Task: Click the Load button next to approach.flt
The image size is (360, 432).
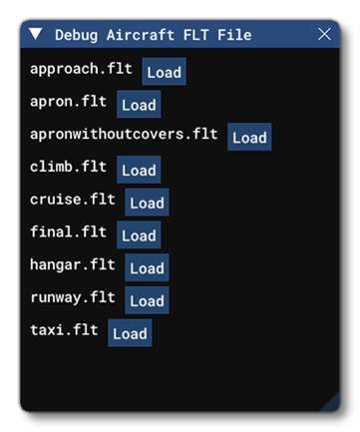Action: click(x=164, y=72)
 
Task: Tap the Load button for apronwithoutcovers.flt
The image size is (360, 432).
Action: click(x=249, y=138)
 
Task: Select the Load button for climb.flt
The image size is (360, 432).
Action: click(x=139, y=171)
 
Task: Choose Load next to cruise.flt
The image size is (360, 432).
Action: click(x=147, y=203)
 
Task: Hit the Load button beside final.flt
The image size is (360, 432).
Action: click(x=139, y=235)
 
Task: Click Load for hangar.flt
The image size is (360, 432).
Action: click(x=147, y=267)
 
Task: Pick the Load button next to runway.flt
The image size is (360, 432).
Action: click(x=147, y=300)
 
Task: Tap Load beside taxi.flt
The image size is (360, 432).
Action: click(x=130, y=333)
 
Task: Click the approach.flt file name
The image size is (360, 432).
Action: click(x=83, y=70)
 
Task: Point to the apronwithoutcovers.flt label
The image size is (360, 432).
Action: click(x=125, y=135)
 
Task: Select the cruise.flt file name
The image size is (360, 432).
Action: click(x=73, y=200)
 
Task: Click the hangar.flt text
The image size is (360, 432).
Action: click(x=73, y=264)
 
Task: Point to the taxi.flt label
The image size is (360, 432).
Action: click(x=65, y=329)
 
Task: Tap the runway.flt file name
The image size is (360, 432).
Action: click(x=73, y=297)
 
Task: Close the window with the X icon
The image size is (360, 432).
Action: click(x=324, y=35)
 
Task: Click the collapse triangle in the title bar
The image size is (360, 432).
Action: click(x=37, y=35)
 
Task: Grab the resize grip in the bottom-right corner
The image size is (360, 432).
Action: click(x=330, y=402)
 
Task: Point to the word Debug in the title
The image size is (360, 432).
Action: click(x=76, y=35)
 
